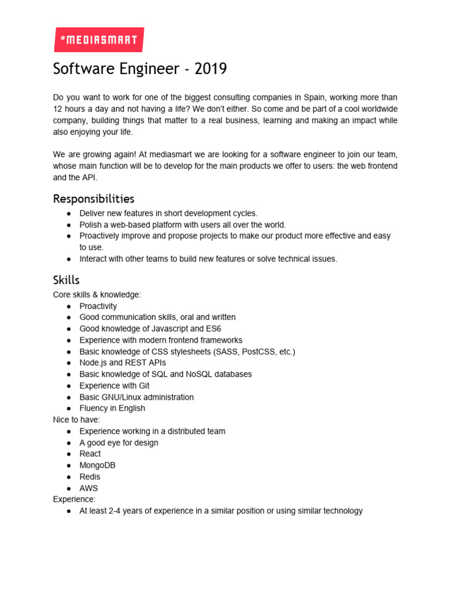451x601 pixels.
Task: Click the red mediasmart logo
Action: click(98, 40)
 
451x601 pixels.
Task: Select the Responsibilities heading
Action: click(93, 198)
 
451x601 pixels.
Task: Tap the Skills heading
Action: click(66, 280)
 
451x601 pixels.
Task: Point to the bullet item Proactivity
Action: click(98, 306)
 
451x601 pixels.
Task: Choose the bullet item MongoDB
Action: click(97, 465)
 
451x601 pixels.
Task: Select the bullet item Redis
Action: click(90, 477)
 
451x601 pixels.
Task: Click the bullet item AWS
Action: click(89, 488)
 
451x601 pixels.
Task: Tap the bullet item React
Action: click(90, 454)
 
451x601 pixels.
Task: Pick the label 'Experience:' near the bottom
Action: click(74, 499)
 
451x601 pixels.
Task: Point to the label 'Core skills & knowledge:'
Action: click(97, 295)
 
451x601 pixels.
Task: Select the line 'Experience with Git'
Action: click(115, 386)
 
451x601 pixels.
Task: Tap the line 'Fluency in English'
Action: click(112, 408)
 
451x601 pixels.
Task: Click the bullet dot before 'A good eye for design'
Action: click(69, 443)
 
